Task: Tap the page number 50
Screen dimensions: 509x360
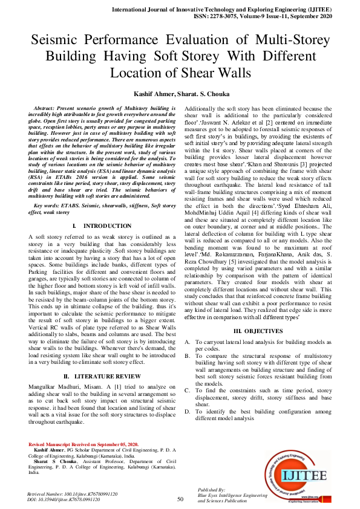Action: (x=180, y=499)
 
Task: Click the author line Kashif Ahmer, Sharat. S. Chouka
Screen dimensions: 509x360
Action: (x=180, y=94)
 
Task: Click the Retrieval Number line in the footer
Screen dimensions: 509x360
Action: (x=73, y=494)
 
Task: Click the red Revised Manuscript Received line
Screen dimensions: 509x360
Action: (x=76, y=444)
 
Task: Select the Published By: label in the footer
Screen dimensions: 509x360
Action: (x=212, y=489)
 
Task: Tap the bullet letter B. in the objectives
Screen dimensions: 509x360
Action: (x=188, y=357)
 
